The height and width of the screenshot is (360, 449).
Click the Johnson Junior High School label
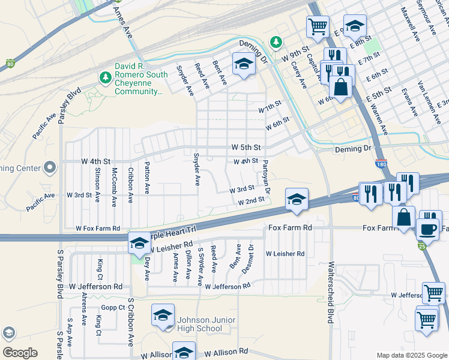tap(200, 323)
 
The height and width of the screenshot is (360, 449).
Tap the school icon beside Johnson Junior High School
tap(163, 316)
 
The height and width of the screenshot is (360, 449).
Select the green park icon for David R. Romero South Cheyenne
tap(105, 77)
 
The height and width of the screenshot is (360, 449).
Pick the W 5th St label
tap(246, 147)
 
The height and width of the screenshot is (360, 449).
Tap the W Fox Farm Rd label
tap(98, 229)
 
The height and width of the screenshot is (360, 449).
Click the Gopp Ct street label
tap(112, 307)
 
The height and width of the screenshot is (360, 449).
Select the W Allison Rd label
tap(226, 351)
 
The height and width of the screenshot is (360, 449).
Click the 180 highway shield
tap(381, 163)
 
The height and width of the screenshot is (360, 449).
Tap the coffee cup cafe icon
tap(429, 229)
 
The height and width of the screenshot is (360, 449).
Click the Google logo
tap(20, 352)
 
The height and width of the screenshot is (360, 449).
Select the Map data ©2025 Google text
tap(411, 355)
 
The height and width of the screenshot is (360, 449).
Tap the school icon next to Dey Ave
tap(139, 243)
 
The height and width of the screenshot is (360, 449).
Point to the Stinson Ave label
tap(97, 181)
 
